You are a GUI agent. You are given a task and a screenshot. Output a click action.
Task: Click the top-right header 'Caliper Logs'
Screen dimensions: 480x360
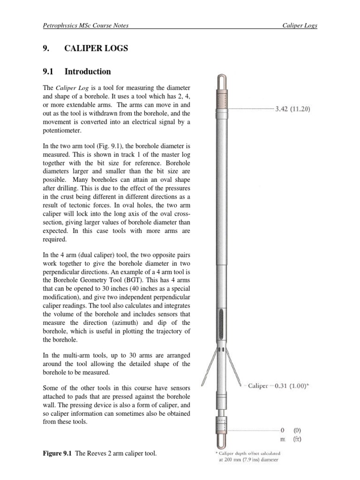click(x=300, y=25)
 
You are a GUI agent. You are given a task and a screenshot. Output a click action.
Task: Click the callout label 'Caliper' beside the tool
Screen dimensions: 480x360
click(x=258, y=386)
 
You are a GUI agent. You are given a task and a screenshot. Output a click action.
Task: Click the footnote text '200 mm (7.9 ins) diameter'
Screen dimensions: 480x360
click(x=248, y=460)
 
